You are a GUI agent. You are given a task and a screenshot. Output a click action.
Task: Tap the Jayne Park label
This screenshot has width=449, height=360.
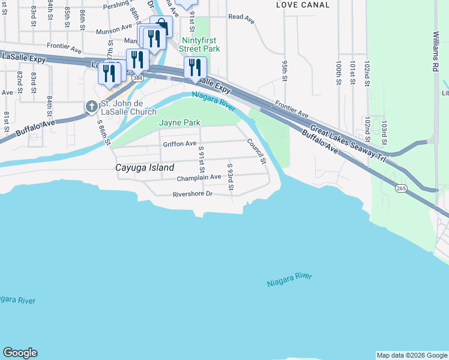pyautogui.click(x=179, y=122)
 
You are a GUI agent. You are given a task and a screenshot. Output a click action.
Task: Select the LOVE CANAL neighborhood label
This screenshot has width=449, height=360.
pyautogui.click(x=303, y=5)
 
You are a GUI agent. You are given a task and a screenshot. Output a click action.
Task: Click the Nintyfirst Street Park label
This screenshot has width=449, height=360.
pyautogui.click(x=201, y=44)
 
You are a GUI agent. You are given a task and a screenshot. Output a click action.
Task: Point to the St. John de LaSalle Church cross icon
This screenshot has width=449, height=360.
pyautogui.click(x=91, y=107)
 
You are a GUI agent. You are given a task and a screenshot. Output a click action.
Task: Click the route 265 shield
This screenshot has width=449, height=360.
pyautogui.click(x=400, y=188)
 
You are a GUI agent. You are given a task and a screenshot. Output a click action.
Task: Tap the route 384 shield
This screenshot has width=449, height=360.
pyautogui.click(x=138, y=79)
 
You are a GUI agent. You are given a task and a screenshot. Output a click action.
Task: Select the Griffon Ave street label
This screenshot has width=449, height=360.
pyautogui.click(x=179, y=144)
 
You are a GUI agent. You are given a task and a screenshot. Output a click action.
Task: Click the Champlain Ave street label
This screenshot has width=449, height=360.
pyautogui.click(x=199, y=178)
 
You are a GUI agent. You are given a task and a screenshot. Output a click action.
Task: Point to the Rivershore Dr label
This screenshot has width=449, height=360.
pyautogui.click(x=193, y=194)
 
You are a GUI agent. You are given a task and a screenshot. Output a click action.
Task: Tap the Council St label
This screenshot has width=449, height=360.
pyautogui.click(x=256, y=151)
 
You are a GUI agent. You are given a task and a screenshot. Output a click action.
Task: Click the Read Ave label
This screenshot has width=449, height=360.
pyautogui.click(x=241, y=18)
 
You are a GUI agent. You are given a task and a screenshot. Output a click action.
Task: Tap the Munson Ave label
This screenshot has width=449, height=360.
pyautogui.click(x=118, y=28)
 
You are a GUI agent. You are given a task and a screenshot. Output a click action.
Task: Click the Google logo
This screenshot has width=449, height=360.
pyautogui.click(x=20, y=353)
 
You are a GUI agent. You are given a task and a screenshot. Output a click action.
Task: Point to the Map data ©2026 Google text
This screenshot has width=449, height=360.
pyautogui.click(x=412, y=355)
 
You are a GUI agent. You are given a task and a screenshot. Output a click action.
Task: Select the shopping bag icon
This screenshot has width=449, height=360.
pyautogui.click(x=161, y=25)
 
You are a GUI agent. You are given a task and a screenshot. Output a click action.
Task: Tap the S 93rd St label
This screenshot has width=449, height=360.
pyautogui.click(x=231, y=177)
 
